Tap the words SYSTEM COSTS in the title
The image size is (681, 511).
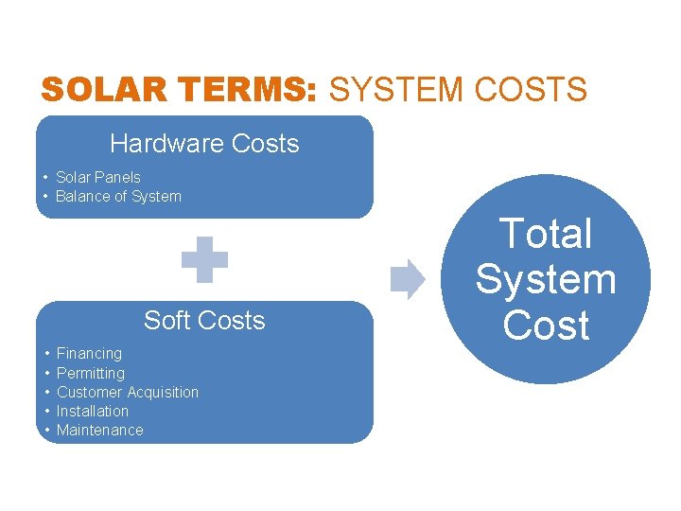458,91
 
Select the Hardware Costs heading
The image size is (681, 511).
204,144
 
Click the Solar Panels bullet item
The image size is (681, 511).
97,177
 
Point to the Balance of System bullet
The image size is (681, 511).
118,197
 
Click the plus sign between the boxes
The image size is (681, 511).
204,259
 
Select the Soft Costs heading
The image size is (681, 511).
204,321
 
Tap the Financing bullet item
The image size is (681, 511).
89,353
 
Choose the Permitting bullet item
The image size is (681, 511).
90,373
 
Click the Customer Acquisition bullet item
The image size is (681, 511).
127,392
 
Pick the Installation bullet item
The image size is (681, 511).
92,411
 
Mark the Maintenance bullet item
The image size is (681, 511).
99,431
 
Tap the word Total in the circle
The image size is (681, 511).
546,234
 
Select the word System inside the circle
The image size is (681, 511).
546,279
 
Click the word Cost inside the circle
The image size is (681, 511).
546,325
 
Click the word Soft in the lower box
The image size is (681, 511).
165,321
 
